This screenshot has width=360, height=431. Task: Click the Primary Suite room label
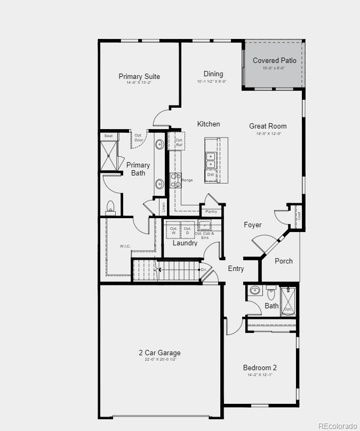(139, 77)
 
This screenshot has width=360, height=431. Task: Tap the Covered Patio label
(274, 61)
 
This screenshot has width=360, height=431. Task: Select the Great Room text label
(268, 126)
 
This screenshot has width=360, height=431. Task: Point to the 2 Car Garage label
(159, 353)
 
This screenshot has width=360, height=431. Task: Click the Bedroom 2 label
(260, 368)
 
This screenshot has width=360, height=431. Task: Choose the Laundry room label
(185, 243)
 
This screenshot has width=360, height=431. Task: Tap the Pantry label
(211, 212)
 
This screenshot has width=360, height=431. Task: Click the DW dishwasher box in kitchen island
(211, 175)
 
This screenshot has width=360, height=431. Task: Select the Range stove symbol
(175, 180)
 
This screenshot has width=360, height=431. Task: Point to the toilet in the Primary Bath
(111, 207)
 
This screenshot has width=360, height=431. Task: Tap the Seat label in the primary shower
(108, 136)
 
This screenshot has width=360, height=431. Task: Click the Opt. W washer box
(173, 230)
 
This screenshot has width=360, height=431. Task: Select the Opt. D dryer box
(187, 230)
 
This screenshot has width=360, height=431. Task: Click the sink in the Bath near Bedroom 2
(255, 291)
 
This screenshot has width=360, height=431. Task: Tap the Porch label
(284, 261)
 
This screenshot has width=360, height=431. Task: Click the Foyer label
(253, 225)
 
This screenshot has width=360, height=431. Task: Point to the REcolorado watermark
(337, 425)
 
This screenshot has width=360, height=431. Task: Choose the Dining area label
(213, 74)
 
